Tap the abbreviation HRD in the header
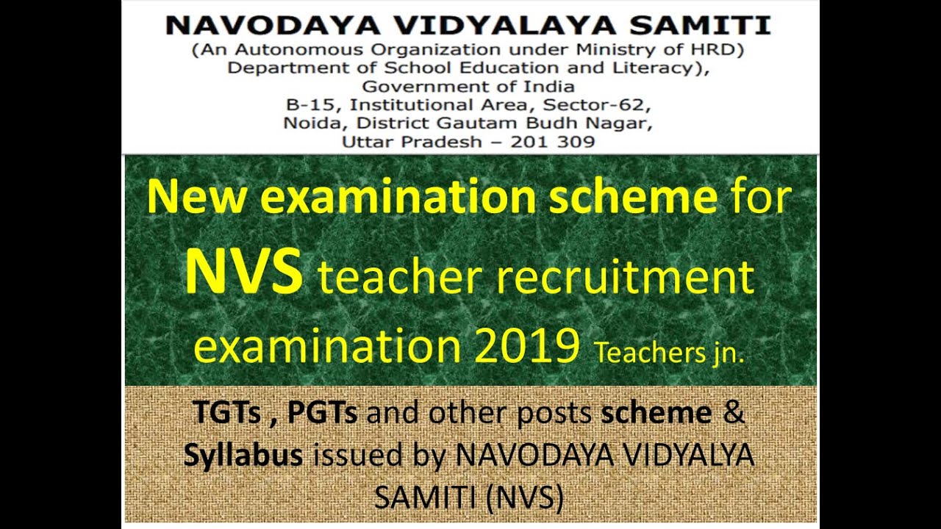[721, 51]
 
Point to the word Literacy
[664, 69]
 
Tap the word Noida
[306, 123]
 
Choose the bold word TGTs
[227, 414]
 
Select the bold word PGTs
[322, 414]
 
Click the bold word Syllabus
[243, 456]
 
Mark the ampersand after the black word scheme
[734, 413]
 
